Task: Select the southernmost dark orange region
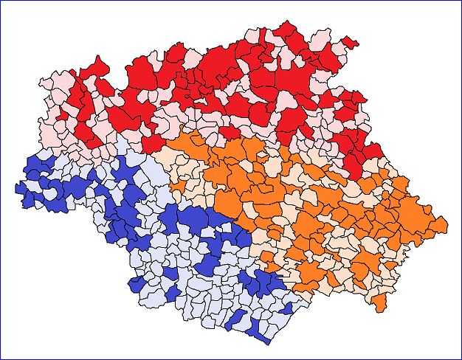[x=379, y=302]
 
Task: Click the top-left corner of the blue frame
[x=1, y=1]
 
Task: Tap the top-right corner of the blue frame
[x=461, y=1]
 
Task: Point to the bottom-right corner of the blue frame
[x=461, y=359]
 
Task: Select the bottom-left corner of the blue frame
[x=1, y=359]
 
